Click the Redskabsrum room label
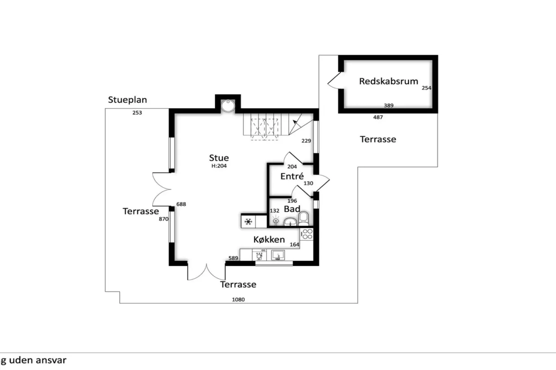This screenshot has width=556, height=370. tap(388, 81)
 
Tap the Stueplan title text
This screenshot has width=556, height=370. tap(127, 100)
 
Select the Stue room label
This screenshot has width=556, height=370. tap(219, 158)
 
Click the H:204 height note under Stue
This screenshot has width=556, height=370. tap(219, 166)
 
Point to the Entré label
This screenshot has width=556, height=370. tap(292, 176)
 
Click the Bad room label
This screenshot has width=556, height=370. tap(292, 209)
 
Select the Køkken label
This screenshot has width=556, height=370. tap(269, 240)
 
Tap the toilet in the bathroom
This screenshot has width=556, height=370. tap(303, 219)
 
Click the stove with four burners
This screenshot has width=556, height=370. tap(307, 234)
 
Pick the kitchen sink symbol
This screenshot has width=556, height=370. tap(278, 256)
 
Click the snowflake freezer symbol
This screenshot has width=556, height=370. tap(248, 222)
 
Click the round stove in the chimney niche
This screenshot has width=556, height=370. tap(228, 106)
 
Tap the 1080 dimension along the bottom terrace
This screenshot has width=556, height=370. tap(238, 299)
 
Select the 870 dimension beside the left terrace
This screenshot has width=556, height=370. tap(163, 219)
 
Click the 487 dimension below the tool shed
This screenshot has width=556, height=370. tap(378, 117)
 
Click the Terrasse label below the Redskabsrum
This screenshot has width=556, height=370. tap(378, 139)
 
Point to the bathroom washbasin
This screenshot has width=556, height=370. tap(290, 222)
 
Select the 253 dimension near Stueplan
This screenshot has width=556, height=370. tap(137, 113)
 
